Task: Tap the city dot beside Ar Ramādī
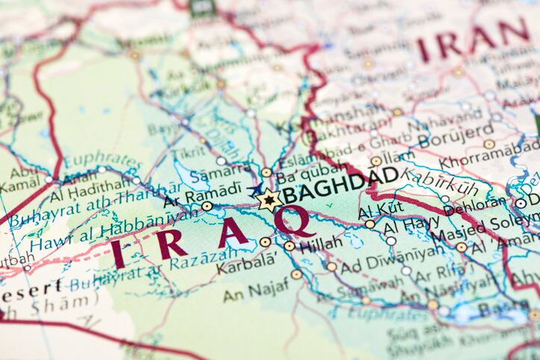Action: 207,206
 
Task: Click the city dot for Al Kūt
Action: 370,224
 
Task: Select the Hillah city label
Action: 321,243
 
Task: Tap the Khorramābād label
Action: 490,162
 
